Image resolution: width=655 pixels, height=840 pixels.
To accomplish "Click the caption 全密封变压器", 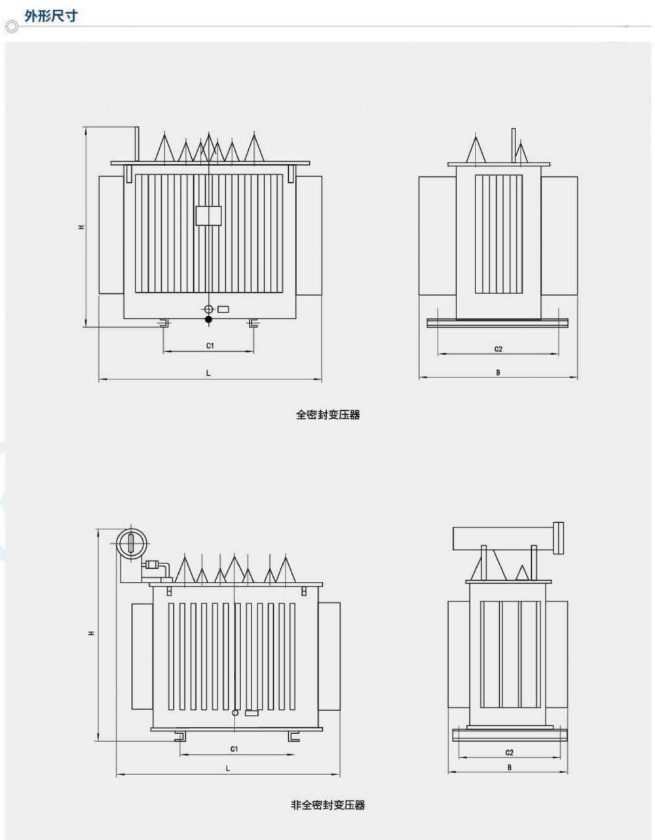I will click(327, 415).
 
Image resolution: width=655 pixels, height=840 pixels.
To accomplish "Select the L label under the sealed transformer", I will click(208, 373).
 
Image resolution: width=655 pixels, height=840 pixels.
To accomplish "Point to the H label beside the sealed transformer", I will click(81, 227).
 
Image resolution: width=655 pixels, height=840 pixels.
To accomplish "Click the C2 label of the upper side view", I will click(498, 349).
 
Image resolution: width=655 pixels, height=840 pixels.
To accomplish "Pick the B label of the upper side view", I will click(498, 372).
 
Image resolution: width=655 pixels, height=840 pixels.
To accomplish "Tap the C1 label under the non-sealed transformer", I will click(234, 748).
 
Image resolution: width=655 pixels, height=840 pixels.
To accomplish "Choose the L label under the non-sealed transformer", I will click(228, 769).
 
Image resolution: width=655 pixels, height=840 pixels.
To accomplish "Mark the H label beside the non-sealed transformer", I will click(92, 632).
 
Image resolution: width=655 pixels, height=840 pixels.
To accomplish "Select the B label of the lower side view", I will click(509, 767).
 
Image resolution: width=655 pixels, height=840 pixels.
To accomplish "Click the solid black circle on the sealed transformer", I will click(208, 320).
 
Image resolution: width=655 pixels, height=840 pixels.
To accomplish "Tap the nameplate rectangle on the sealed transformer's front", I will click(208, 216).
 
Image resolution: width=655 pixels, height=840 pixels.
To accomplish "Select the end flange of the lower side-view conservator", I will click(559, 537).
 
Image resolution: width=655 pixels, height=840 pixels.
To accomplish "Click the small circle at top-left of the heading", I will click(10, 28).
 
